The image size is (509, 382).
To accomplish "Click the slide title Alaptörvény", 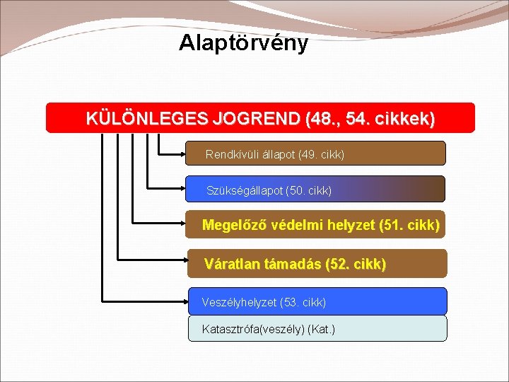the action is point(243,43).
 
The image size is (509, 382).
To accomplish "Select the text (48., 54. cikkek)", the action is point(371,118).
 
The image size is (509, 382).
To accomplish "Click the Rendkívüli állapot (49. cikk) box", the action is point(315,154).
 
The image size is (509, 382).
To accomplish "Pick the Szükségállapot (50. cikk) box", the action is point(315,190).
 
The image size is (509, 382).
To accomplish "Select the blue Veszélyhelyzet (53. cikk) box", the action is point(317,302).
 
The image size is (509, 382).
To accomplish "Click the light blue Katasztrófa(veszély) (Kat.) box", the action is point(317,329).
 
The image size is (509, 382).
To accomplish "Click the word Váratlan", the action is point(231,265).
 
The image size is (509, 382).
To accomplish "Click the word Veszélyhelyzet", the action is point(239,303).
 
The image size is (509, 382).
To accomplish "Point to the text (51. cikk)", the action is point(409,226).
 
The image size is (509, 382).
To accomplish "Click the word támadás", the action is point(291,265).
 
